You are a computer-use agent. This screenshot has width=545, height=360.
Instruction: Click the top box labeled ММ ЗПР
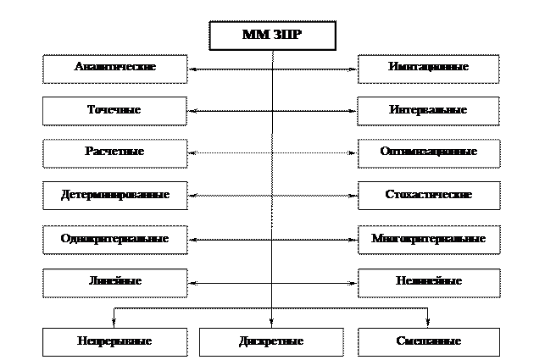[x=272, y=36]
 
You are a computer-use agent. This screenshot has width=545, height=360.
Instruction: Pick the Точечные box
[x=114, y=111]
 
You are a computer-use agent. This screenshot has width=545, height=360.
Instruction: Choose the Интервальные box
[x=428, y=111]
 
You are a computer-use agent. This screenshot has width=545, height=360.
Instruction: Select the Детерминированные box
[x=114, y=196]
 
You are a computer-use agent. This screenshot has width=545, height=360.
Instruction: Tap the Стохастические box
[x=428, y=196]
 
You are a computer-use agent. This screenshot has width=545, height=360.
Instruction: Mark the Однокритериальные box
[x=114, y=240]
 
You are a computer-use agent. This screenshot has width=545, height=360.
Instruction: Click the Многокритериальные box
[x=428, y=240]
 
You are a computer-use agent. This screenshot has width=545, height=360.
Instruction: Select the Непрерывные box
[x=114, y=342]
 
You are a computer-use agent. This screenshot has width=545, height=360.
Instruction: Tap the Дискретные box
[x=271, y=342]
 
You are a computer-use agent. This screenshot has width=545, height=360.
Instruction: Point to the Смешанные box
[x=428, y=342]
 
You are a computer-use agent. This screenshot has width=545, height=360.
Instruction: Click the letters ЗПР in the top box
[x=286, y=36]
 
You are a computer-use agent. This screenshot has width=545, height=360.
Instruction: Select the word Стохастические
[x=428, y=196]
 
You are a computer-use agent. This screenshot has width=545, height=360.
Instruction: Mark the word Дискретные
[x=271, y=342]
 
